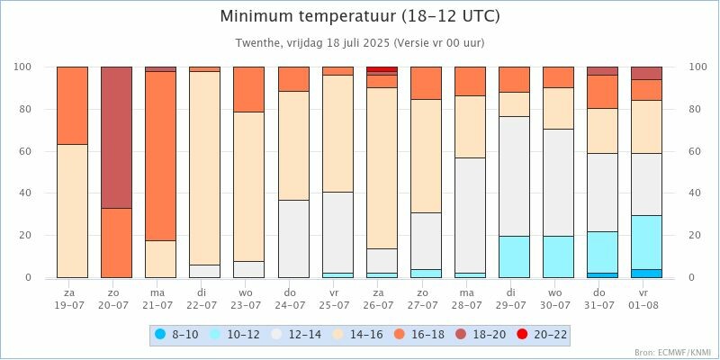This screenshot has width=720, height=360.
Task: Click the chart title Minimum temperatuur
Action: [360, 17]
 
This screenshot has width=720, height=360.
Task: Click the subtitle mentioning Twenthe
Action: [360, 43]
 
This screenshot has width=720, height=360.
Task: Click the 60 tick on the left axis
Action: [24, 151]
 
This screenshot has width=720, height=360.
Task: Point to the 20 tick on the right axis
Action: [696, 236]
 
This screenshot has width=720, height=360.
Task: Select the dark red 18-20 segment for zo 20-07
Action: [116, 137]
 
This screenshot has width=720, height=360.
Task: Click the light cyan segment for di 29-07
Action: [514, 256]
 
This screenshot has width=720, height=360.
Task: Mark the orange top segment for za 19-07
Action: [71, 105]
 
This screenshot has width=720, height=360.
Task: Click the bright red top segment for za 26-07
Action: [382, 69]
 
